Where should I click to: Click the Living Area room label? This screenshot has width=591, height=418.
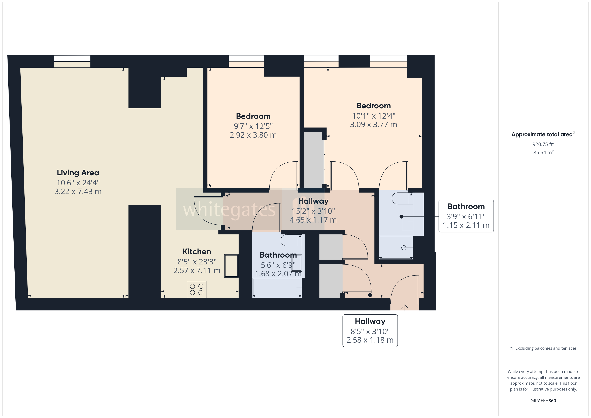point(78,173)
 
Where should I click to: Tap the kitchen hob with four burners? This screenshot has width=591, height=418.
point(196,289)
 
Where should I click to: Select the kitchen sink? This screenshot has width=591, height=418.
point(231,266)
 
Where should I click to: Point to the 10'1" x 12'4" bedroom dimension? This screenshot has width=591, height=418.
point(374,116)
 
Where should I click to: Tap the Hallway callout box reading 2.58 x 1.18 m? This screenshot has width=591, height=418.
point(370,331)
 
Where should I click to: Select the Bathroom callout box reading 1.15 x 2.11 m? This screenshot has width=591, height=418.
point(466,216)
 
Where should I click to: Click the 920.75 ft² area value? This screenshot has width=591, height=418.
point(543,144)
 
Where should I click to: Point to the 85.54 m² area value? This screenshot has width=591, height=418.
point(543,152)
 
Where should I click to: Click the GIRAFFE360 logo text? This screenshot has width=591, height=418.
point(543,401)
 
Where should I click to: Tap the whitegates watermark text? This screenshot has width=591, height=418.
point(229,210)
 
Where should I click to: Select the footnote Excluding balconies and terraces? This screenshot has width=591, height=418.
point(543,348)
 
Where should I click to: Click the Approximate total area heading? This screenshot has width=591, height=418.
point(543,134)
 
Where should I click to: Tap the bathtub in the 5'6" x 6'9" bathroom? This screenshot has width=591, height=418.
point(277,288)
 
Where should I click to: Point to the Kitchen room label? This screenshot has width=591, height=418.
point(197,252)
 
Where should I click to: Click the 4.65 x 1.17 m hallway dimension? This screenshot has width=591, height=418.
point(313,220)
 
